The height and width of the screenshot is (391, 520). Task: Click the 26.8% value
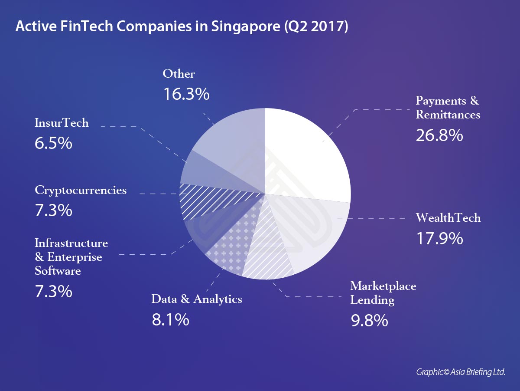[x=439, y=136]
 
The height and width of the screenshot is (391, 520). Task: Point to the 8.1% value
[x=170, y=320]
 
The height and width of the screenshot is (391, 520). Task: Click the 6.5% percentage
[x=53, y=143]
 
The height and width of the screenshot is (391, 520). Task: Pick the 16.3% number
[x=186, y=94]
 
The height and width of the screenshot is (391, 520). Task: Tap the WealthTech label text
[x=448, y=217]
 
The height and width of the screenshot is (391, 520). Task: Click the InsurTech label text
[x=62, y=123]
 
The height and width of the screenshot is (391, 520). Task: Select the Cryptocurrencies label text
[x=81, y=190]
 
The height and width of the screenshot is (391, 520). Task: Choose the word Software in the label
[x=58, y=271]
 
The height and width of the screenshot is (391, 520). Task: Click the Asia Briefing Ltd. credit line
[x=461, y=372]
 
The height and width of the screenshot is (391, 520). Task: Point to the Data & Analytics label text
[x=196, y=299]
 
